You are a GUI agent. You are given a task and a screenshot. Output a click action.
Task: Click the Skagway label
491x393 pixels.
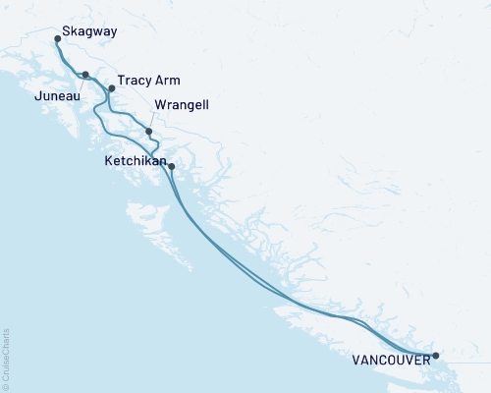coord(89,31)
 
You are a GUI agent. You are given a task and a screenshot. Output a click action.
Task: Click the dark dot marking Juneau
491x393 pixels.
coord(85,75)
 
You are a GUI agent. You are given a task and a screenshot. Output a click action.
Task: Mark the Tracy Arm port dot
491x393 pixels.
coord(111,88)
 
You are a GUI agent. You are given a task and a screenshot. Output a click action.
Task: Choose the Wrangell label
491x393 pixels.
coord(182,104)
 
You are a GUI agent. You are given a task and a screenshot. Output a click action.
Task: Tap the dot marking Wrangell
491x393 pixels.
coord(148,131)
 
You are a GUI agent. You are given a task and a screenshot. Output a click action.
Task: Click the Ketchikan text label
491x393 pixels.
coord(136,157)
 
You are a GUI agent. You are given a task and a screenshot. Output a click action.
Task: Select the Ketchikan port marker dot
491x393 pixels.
coord(172,166)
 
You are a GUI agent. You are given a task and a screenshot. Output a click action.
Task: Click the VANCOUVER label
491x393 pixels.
coord(390,361)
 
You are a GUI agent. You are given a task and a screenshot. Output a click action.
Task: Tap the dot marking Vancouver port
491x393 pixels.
coord(436,355)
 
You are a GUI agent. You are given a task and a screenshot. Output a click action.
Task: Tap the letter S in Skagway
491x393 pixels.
coord(66,31)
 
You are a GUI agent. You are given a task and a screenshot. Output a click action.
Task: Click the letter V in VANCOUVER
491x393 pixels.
coord(353,361)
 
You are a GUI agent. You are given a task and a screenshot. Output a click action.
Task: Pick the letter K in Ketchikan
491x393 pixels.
coord(108,157)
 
